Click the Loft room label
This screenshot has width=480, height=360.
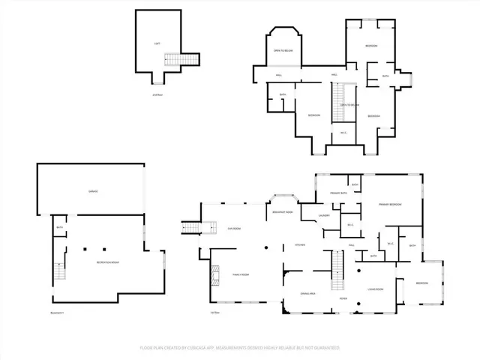[x=157, y=43]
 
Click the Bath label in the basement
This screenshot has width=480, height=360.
[x=59, y=227]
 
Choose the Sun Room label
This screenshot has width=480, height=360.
[x=234, y=228]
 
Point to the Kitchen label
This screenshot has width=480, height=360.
[x=298, y=245]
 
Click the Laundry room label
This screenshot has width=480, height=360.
[x=324, y=216]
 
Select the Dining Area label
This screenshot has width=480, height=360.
[x=308, y=293]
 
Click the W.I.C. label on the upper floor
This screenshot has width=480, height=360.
[x=343, y=133]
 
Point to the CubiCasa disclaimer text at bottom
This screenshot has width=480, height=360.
[x=240, y=348]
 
